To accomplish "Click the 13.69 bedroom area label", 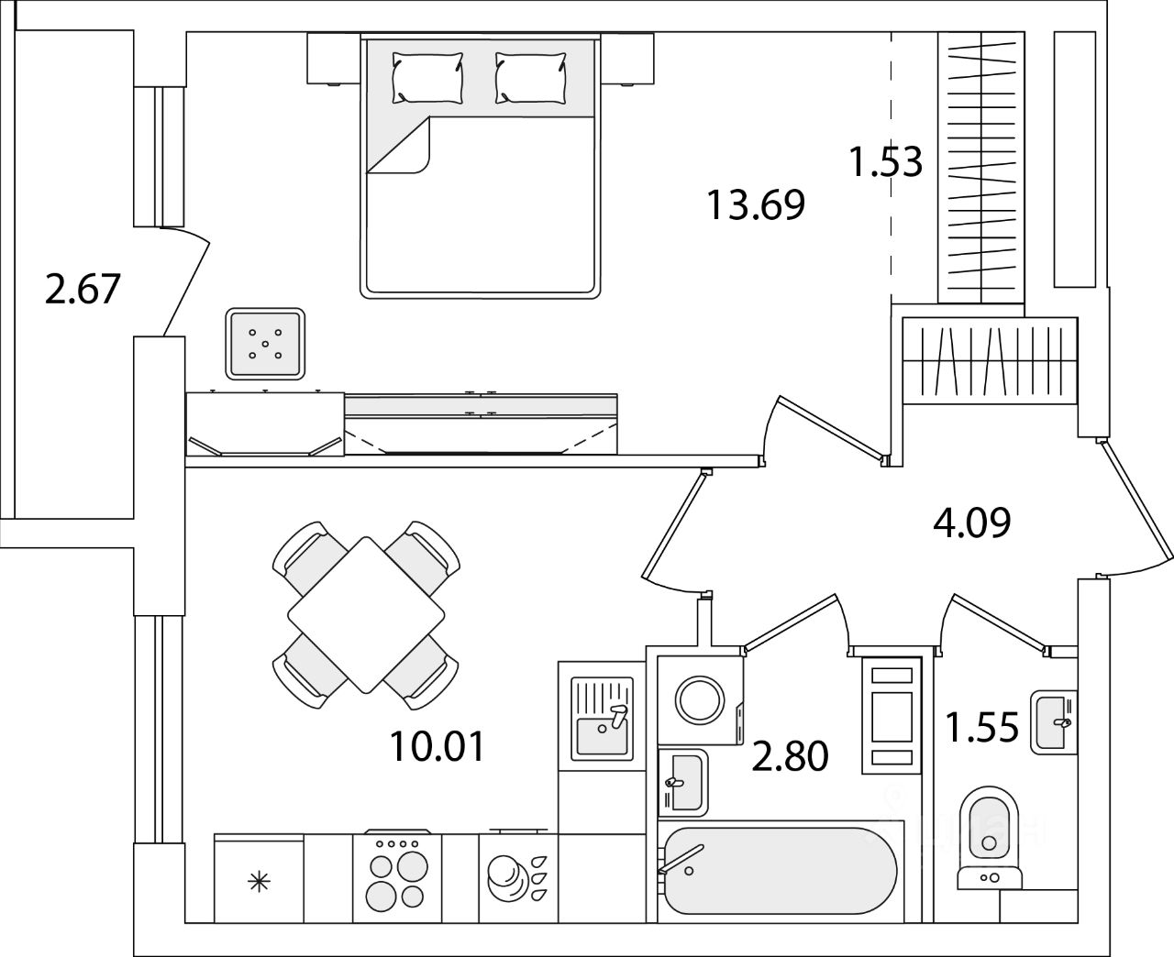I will [755, 204].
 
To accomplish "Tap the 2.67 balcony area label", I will [83, 290].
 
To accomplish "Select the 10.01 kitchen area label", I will [436, 747].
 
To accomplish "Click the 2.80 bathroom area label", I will [790, 757].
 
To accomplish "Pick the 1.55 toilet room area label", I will [982, 729].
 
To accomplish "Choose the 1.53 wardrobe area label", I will [884, 163].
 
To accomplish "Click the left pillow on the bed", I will [427, 77].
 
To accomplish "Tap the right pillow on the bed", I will [530, 77].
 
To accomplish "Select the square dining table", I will [366, 615].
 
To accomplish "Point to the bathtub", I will [780, 871].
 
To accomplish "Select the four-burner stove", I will [397, 878].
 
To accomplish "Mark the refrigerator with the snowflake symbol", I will [260, 880].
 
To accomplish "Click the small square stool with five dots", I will [265, 343].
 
